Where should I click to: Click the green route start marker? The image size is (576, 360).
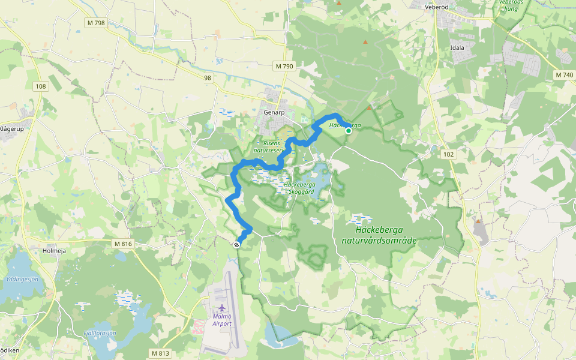(348, 130)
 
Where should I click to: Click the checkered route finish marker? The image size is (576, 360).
(238, 244)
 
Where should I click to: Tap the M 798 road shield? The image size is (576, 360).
(95, 23)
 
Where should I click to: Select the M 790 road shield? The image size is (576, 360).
(284, 65)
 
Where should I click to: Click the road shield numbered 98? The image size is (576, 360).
(208, 78)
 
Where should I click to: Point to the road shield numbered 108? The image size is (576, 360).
(41, 86)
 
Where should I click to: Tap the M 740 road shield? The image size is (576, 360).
(564, 75)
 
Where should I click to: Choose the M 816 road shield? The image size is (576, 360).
(122, 244)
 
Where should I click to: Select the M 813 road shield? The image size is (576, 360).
(160, 353)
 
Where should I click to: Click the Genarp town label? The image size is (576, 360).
(273, 112)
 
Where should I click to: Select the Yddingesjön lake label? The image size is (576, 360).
(23, 279)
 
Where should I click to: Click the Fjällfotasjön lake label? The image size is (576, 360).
(100, 333)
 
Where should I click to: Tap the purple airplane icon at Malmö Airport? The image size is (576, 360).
(221, 308)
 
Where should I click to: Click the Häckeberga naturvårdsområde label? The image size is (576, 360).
(379, 235)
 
